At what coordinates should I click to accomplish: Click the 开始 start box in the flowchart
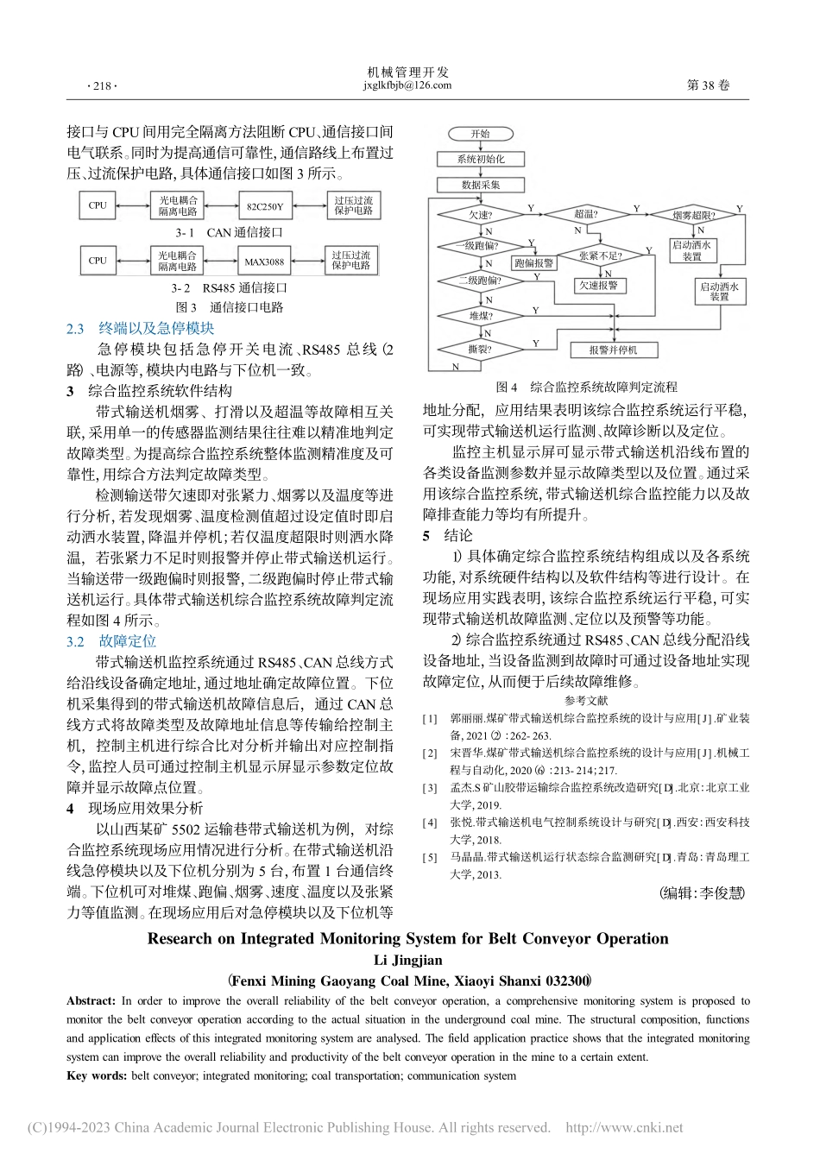(x=480, y=134)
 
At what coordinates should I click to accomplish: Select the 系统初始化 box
(x=481, y=160)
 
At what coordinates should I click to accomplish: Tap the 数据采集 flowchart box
(x=481, y=185)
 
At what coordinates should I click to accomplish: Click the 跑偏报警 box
(x=533, y=262)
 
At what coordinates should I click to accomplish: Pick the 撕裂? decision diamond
(x=481, y=350)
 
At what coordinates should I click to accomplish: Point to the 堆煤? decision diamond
(x=481, y=316)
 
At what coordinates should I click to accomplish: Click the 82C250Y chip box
(x=264, y=206)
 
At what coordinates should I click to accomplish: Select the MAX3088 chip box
(x=264, y=261)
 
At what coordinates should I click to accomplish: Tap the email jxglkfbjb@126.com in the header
(x=408, y=85)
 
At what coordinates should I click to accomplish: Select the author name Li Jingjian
(x=408, y=960)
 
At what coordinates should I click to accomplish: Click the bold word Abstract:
(x=91, y=1001)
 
